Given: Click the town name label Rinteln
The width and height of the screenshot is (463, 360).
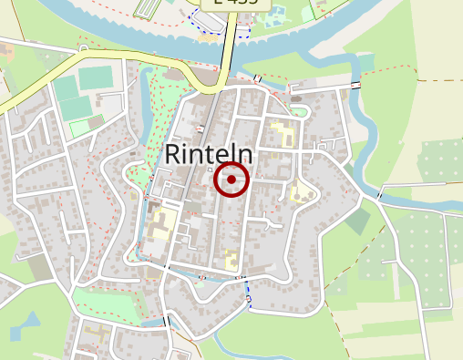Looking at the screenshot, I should coord(209,154).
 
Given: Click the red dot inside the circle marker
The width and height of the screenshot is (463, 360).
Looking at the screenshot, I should coord(231,180).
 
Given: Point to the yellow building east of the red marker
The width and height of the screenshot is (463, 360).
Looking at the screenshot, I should coord(298,191).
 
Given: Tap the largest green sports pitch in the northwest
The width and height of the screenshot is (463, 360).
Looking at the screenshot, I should coord(93,77).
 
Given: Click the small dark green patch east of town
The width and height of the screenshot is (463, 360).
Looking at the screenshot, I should coord(357,220).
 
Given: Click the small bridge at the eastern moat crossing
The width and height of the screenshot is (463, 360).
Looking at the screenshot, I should coord(380,195).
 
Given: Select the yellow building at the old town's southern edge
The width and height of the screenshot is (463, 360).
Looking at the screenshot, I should coord(231,259).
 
